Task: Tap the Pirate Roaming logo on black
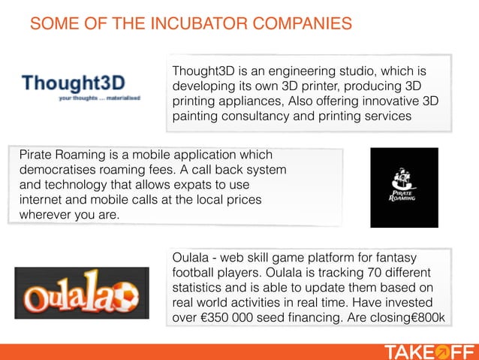pyautogui.click(x=403, y=187)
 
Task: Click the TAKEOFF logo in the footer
pyautogui.click(x=429, y=351)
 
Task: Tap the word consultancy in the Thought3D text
pyautogui.click(x=255, y=116)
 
